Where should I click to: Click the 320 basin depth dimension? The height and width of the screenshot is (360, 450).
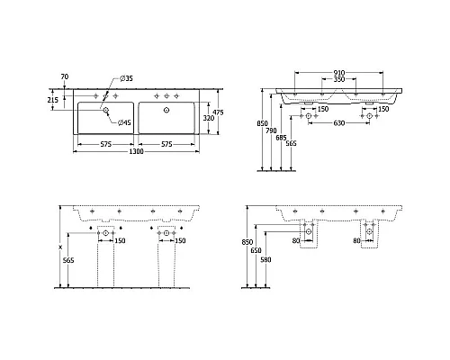click(206, 117)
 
